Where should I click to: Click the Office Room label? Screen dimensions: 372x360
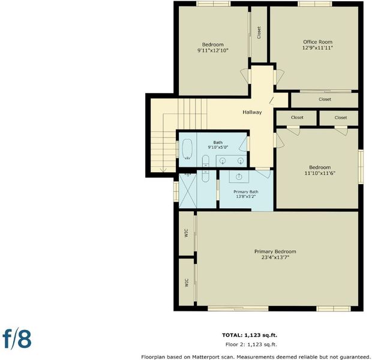point(317,42)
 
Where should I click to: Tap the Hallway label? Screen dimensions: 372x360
point(252,112)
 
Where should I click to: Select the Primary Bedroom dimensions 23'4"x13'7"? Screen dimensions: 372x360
point(275,257)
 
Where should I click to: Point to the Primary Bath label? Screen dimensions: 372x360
point(246,192)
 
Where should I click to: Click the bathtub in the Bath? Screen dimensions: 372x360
point(187,149)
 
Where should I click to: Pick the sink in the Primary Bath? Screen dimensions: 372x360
point(239,176)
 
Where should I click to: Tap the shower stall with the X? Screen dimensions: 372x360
point(188,191)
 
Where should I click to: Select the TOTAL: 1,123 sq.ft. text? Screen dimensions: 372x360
point(250,335)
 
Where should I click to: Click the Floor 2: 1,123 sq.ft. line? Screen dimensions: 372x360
point(251,344)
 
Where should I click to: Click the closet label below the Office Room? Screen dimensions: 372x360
point(325,99)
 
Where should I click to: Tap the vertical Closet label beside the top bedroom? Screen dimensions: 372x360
point(259,32)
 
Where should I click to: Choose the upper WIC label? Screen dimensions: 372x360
point(187,233)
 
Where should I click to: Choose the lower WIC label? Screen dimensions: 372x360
point(187,283)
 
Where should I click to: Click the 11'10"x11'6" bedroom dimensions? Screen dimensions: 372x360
point(320,173)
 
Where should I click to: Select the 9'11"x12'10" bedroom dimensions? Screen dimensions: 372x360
point(213,50)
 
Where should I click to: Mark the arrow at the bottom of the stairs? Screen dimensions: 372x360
point(163,170)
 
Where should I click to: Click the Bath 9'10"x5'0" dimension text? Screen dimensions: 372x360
point(218,147)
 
